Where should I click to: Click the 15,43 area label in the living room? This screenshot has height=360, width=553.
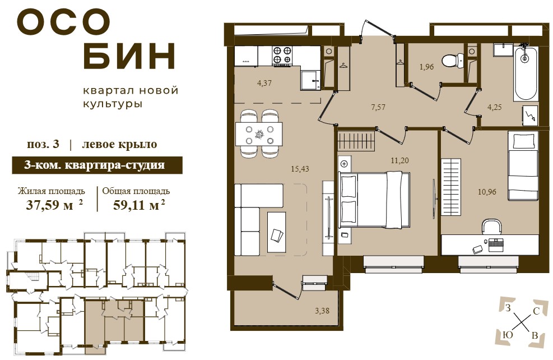click(300, 169)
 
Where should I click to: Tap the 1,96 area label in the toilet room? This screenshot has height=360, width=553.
click(426, 67)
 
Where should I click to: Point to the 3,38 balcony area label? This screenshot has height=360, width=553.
click(322, 311)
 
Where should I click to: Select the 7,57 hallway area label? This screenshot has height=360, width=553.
click(378, 107)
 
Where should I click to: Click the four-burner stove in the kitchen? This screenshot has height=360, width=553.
click(282, 56)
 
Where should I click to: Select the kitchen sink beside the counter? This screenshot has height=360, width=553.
click(311, 80)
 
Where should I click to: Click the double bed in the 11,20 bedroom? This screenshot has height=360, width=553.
click(374, 200)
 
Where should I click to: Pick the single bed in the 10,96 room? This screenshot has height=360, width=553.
click(523, 166)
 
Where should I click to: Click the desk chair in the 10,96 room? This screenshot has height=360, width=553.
click(492, 227)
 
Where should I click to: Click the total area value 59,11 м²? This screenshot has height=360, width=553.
click(139, 204)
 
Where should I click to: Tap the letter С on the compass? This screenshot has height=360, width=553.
click(536, 311)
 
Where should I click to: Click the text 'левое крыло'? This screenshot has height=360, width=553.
click(119, 144)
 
